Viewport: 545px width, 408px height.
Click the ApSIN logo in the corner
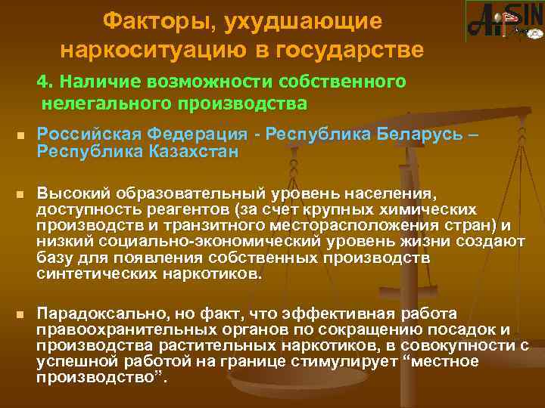tap(503, 20)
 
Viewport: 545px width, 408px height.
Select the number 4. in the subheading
tap(47, 81)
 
